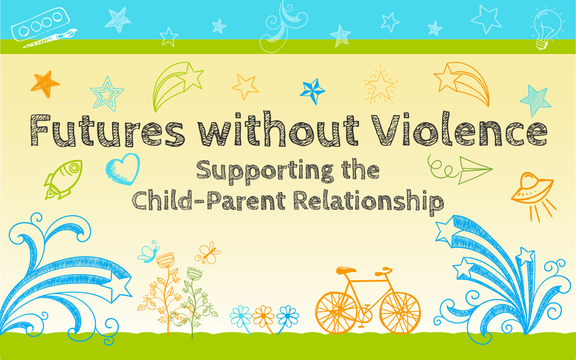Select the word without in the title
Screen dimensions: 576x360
point(278,129)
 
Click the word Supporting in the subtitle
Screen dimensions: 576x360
point(265,172)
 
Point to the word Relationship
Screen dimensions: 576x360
point(369,202)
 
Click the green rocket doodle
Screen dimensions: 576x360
point(63,180)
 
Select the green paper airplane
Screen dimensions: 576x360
point(476,170)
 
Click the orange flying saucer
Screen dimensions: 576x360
point(532,190)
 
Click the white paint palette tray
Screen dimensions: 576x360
point(40,24)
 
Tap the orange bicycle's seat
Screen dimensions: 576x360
point(346,270)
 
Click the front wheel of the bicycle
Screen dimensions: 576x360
point(400,313)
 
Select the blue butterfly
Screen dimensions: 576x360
point(149,252)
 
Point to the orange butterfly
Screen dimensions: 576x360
point(208,253)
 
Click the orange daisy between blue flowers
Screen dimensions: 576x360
point(263,316)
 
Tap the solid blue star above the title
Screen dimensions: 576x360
point(313,91)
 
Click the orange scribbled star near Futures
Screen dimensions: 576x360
point(45,84)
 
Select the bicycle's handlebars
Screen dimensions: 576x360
point(384,271)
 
